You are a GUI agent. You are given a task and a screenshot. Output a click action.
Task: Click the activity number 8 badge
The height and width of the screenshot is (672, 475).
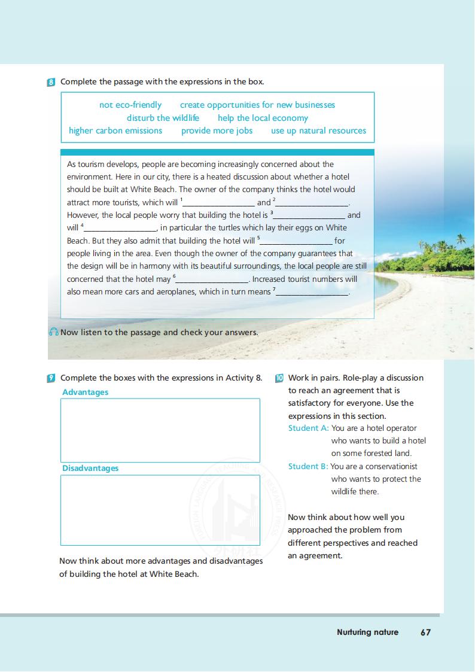[x=51, y=82]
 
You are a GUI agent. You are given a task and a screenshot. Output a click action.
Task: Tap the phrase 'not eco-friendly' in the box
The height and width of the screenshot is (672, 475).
[x=130, y=105]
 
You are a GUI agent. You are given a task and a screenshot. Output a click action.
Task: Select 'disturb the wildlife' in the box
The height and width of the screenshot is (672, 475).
[x=163, y=118]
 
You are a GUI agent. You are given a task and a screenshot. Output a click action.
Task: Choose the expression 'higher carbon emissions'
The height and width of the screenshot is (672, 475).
[x=115, y=130]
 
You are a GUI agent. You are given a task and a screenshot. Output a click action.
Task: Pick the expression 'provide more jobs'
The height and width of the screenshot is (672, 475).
[x=217, y=130]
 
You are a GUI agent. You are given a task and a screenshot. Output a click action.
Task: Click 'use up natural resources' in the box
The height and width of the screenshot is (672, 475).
[x=318, y=130]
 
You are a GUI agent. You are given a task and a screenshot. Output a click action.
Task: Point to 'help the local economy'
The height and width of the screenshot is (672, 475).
[x=263, y=118]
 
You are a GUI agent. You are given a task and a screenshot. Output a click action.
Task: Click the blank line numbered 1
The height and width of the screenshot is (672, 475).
[x=219, y=203]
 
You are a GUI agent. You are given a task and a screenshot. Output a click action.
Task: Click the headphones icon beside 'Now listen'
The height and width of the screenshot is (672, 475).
[x=54, y=332]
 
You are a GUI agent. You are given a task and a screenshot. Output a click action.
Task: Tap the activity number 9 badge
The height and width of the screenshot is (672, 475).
[x=51, y=378]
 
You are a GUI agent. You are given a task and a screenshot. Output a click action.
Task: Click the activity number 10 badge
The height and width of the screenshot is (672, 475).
[x=279, y=378]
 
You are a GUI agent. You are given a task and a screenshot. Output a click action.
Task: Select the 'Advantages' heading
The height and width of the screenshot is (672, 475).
[x=86, y=392]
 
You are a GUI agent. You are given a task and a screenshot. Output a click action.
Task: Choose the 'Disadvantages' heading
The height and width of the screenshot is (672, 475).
[x=90, y=468]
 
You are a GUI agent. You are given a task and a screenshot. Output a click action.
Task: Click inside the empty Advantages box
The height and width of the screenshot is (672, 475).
[x=160, y=430]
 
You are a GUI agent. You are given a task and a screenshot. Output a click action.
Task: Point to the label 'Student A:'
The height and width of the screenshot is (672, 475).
[x=308, y=428]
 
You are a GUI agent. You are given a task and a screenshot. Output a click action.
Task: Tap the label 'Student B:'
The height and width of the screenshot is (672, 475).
[x=308, y=466]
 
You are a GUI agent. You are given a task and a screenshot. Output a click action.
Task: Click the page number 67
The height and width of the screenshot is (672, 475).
[x=425, y=632]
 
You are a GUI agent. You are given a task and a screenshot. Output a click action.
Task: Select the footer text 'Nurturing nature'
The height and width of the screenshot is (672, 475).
[x=367, y=632]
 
